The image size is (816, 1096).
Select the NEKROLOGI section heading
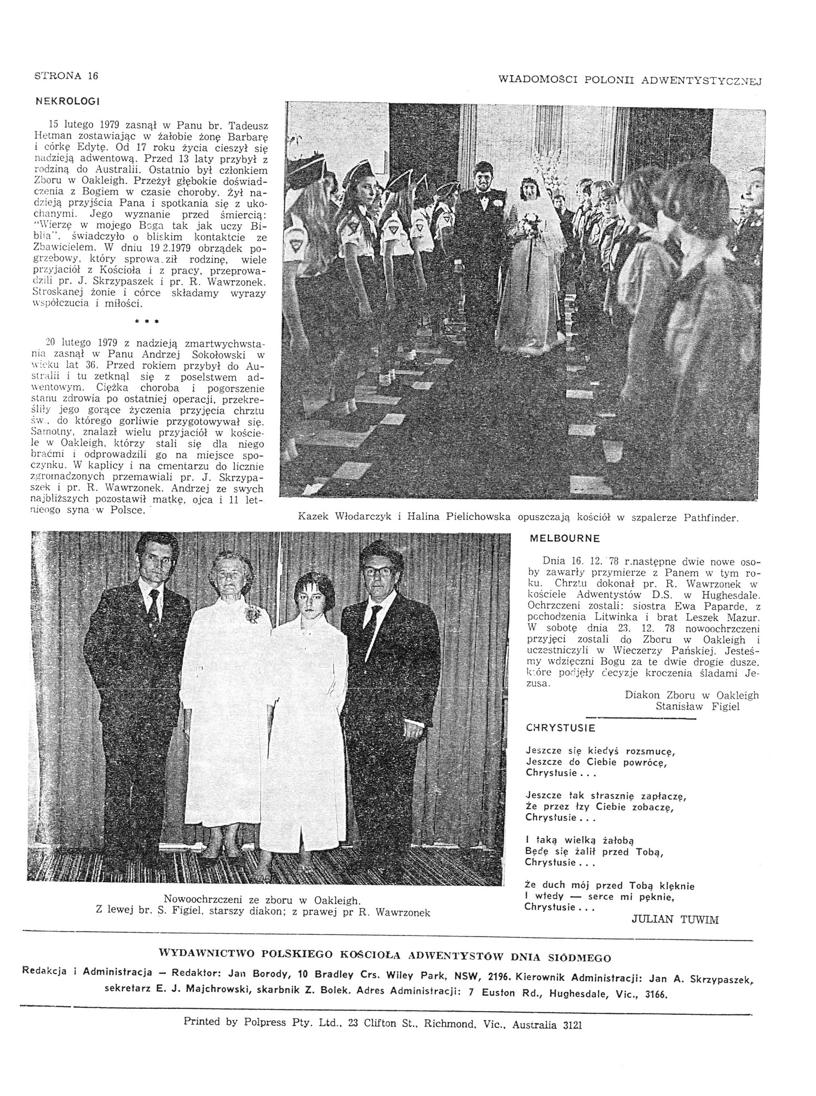(x=67, y=101)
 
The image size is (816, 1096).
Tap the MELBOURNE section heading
(x=565, y=538)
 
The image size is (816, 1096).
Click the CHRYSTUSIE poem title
(x=560, y=728)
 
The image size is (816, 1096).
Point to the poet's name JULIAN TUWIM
(x=675, y=920)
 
